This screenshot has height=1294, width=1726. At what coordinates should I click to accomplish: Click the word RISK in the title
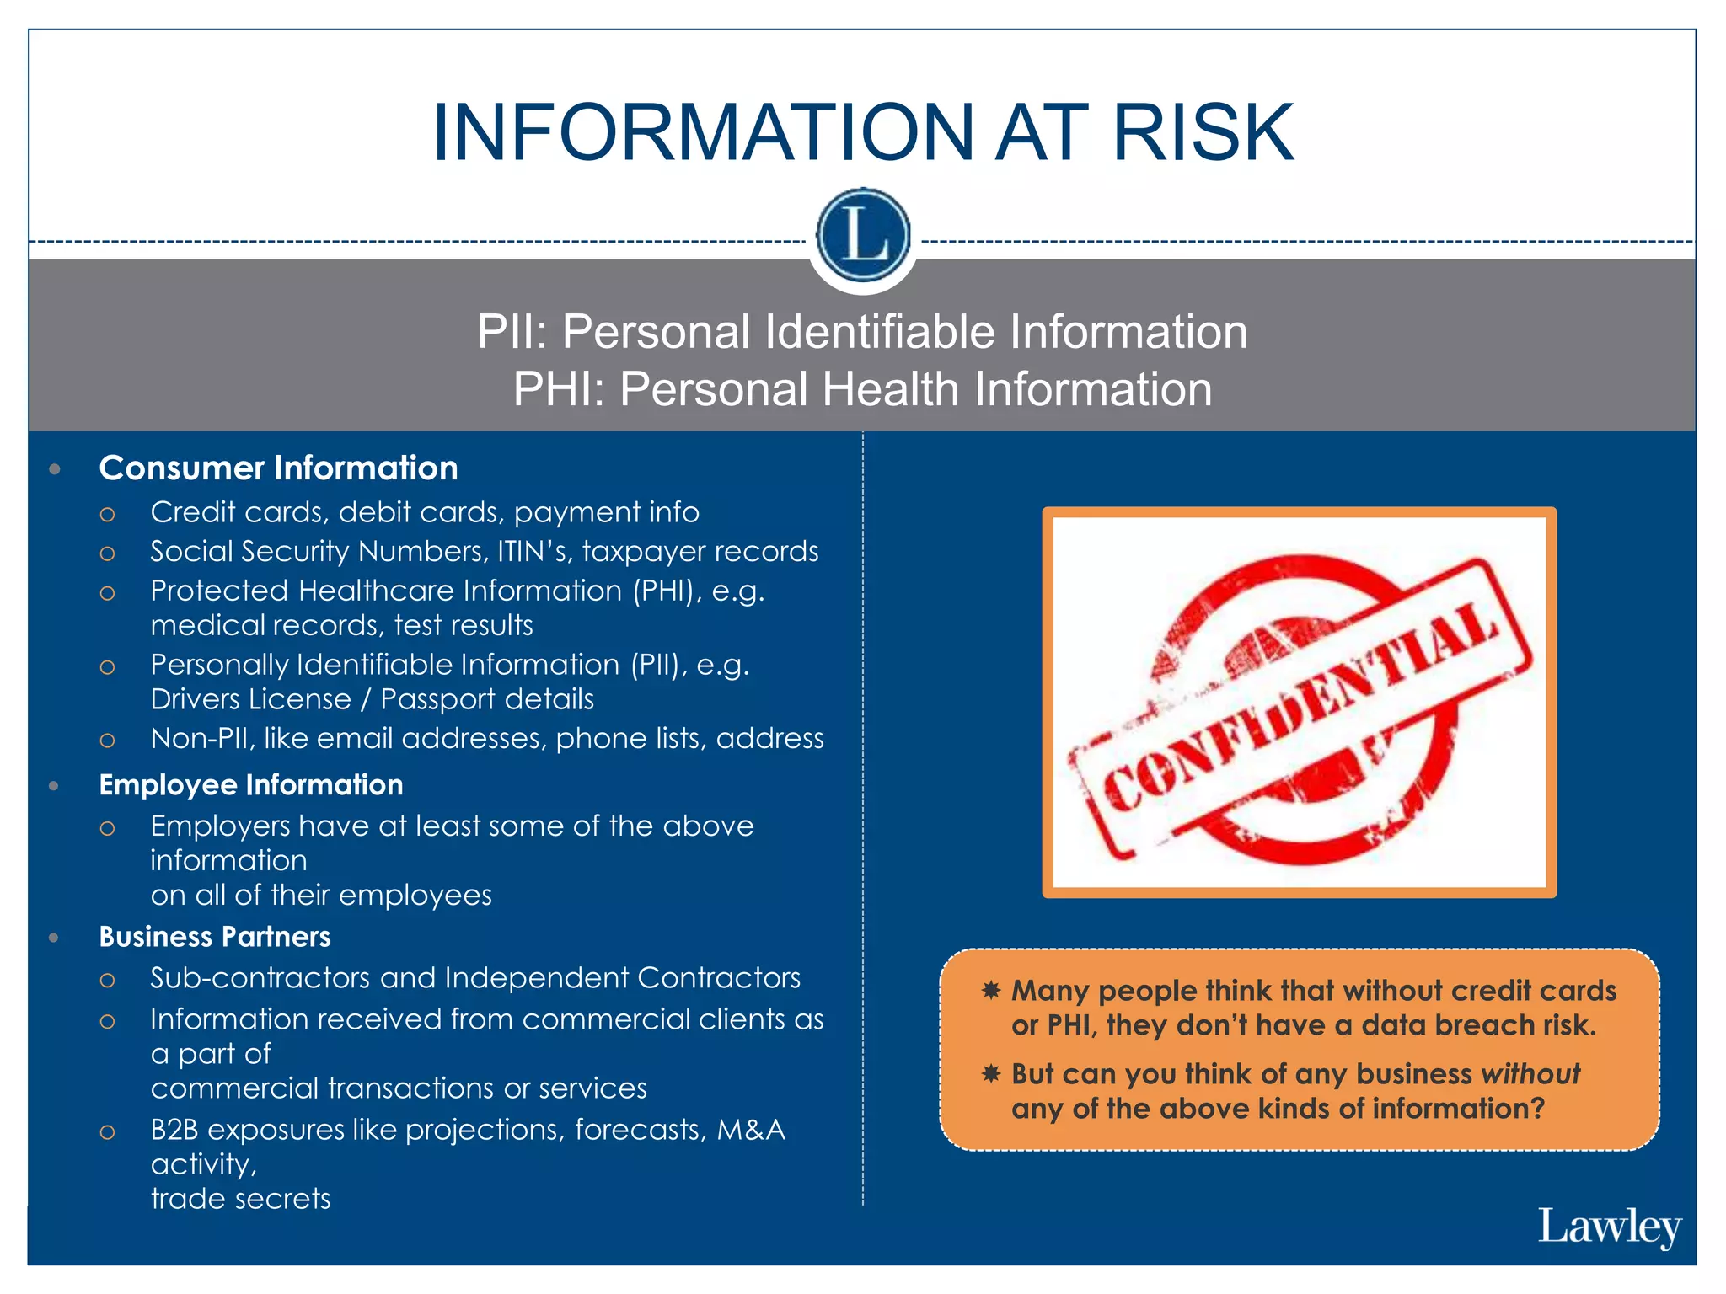(x=1203, y=133)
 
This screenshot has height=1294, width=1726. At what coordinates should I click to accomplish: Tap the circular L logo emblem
(x=863, y=235)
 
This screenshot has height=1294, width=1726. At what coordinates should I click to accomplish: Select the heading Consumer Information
(x=278, y=468)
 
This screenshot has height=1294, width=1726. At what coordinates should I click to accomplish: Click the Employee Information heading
(x=251, y=785)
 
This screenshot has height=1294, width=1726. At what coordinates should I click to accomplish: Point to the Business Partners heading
(x=215, y=937)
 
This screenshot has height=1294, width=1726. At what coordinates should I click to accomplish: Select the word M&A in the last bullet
(x=750, y=1130)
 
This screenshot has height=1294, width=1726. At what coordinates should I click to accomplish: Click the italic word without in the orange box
(x=1530, y=1074)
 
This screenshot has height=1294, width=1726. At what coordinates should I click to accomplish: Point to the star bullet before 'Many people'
(x=991, y=990)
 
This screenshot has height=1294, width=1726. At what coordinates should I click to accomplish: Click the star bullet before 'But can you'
(x=991, y=1073)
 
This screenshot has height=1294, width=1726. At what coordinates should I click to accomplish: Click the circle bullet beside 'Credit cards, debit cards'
(x=107, y=514)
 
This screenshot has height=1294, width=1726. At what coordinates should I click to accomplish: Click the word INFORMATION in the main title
(x=704, y=133)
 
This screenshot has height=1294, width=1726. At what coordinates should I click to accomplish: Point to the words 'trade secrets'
(x=241, y=1199)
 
